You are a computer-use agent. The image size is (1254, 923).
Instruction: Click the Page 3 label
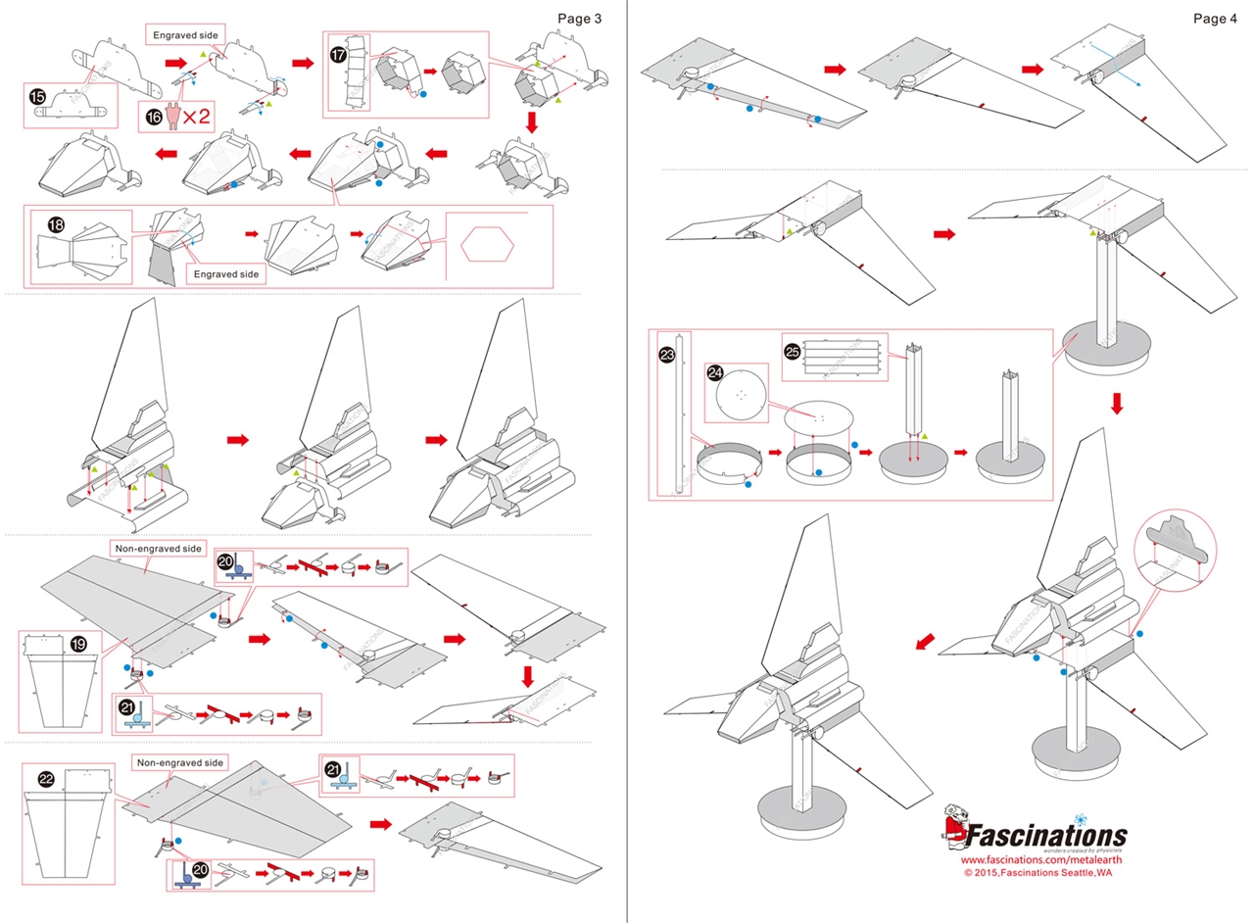coord(579,18)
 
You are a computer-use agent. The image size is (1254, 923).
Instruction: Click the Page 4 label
coord(1215,18)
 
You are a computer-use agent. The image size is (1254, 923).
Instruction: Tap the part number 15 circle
coord(38,96)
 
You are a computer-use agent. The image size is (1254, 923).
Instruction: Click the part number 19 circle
coord(80,644)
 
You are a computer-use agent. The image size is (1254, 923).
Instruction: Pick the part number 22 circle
coord(45,779)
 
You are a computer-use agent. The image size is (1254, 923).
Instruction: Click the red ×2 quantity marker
coord(192,117)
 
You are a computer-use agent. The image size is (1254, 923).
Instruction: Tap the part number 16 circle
coord(154,116)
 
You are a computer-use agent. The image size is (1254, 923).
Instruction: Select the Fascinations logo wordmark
coord(1046,835)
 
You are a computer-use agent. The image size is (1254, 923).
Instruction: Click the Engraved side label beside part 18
coord(225,274)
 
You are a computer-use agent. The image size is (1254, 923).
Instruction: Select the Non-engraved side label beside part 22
coord(179,762)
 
